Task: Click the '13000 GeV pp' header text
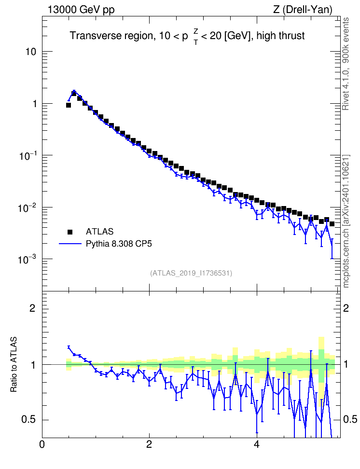pyautogui.click(x=81, y=10)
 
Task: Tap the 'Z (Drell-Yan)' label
pyautogui.click(x=303, y=10)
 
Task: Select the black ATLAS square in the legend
pyautogui.click(x=70, y=232)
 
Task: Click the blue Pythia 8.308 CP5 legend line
pyautogui.click(x=70, y=244)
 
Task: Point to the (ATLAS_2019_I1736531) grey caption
pyautogui.click(x=191, y=273)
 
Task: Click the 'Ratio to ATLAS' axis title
pyautogui.click(x=14, y=364)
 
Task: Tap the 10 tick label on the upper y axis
pyautogui.click(x=30, y=52)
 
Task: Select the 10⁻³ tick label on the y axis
pyautogui.click(x=27, y=259)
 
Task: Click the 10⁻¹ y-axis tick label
pyautogui.click(x=27, y=155)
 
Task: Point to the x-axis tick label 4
pyautogui.click(x=256, y=444)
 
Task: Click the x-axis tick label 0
pyautogui.click(x=42, y=444)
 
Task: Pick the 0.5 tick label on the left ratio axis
pyautogui.click(x=29, y=419)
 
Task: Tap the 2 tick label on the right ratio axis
pyautogui.click(x=346, y=308)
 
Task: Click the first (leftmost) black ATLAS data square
pyautogui.click(x=69, y=105)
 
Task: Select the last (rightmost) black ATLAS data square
pyautogui.click(x=332, y=224)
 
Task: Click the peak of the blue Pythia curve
pyautogui.click(x=74, y=91)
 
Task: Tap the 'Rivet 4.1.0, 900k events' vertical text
pyautogui.click(x=346, y=64)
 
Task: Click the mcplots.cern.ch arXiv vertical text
pyautogui.click(x=346, y=221)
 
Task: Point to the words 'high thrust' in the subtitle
pyautogui.click(x=280, y=36)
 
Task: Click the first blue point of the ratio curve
pyautogui.click(x=69, y=347)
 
